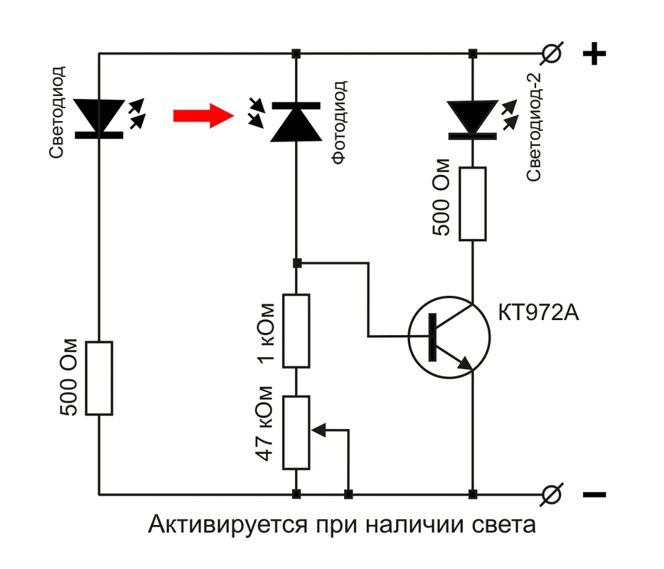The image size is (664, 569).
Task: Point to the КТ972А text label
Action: [x=539, y=313]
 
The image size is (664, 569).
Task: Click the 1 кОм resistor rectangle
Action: [x=296, y=331]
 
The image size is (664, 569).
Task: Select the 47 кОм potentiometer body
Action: [x=296, y=432]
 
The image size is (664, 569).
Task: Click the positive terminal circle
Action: [x=552, y=53]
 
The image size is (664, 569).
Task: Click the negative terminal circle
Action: [x=552, y=493]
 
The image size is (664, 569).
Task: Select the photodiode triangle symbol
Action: [x=296, y=121]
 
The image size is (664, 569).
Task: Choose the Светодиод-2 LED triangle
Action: [x=472, y=117]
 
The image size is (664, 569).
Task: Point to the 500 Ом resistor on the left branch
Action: [x=99, y=378]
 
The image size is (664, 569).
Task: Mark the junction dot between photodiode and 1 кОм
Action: [x=297, y=263]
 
